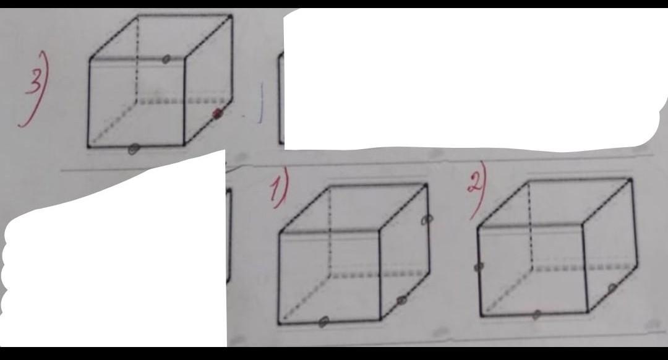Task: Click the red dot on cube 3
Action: pos(218,113)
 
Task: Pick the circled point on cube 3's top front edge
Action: pos(166,59)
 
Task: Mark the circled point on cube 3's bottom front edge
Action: pos(134,149)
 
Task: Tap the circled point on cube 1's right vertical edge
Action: pos(427,219)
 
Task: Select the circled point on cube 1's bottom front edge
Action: pos(323,322)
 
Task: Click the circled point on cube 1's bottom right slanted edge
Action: pos(401,301)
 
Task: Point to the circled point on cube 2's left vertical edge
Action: pos(479,267)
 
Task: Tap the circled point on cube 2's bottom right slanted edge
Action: pos(612,288)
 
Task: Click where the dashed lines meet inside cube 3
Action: pos(137,101)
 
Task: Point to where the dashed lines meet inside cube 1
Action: pos(330,273)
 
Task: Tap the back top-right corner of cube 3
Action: pos(231,16)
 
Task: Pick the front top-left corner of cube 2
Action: pos(478,227)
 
